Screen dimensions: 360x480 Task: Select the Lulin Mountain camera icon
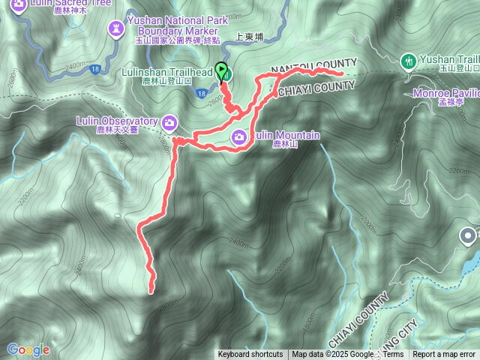(x=239, y=136)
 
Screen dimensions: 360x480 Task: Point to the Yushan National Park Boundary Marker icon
(x=116, y=28)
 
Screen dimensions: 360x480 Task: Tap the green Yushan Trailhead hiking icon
(x=409, y=59)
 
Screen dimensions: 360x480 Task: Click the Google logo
(x=28, y=349)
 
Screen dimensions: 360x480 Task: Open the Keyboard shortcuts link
(x=250, y=355)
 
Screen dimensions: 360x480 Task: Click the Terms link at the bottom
(x=393, y=355)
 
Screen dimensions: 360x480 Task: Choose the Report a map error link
(x=444, y=355)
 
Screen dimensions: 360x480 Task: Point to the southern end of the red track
(x=151, y=289)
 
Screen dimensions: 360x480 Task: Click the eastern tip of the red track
(x=341, y=73)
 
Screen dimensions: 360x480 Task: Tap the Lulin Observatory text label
(x=116, y=121)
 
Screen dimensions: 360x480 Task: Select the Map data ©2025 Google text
(x=333, y=355)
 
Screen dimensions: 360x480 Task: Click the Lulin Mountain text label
(x=286, y=136)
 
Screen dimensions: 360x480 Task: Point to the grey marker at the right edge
(x=470, y=237)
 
